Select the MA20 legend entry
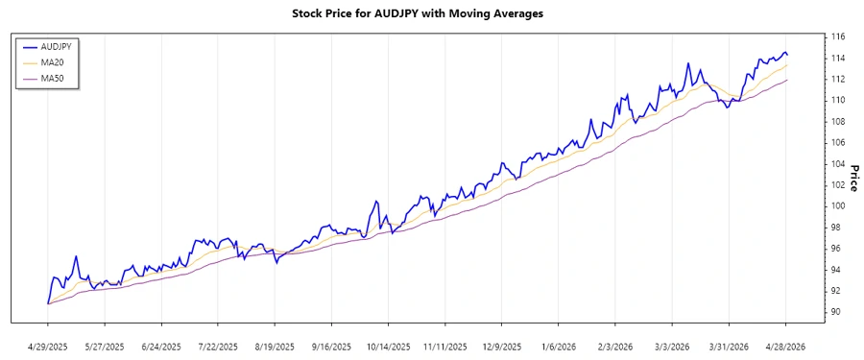(53, 62)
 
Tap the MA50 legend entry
(53, 79)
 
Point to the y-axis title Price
(852, 178)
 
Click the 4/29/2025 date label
(48, 346)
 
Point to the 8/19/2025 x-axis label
(276, 346)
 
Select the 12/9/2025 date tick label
(503, 346)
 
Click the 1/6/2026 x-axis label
(560, 346)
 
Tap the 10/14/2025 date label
(389, 346)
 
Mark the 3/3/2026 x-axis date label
(673, 346)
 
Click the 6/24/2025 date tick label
(161, 346)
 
